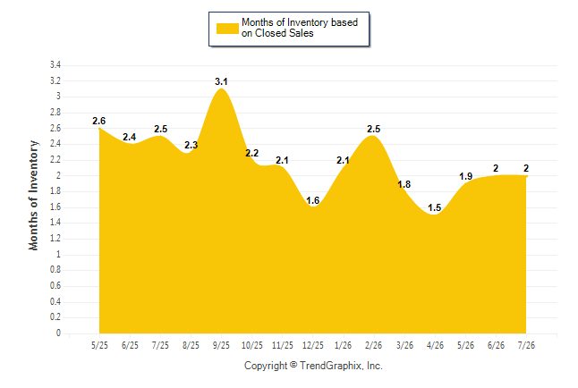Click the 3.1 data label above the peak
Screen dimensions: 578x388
coord(221,81)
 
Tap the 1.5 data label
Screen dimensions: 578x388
coord(435,207)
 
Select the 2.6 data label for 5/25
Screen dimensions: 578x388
coord(98,121)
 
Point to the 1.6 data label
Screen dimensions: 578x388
coord(312,200)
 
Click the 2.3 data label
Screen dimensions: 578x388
coord(191,145)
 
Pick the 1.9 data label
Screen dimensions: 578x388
coord(465,176)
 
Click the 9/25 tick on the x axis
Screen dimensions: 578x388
coord(221,345)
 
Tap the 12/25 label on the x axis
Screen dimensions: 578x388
coord(313,345)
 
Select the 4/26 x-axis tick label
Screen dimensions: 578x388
coord(435,345)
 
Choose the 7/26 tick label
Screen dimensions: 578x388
coord(526,345)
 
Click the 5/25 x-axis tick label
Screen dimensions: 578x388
coord(99,345)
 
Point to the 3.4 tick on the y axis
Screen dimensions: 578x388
coord(55,65)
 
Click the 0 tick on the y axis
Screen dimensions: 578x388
coord(58,333)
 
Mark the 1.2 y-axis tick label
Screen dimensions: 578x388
coord(55,239)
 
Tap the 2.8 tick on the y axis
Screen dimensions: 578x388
coord(55,113)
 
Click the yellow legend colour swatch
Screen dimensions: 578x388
coord(227,29)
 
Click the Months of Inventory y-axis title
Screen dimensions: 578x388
coord(33,195)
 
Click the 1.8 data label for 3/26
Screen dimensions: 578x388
coord(404,184)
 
